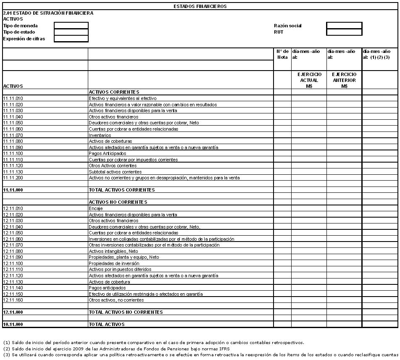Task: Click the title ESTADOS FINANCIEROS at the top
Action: point(200,6)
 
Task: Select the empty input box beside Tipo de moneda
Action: point(71,26)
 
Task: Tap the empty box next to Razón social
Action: point(344,26)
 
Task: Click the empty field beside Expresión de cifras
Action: point(71,39)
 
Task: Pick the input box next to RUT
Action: point(344,32)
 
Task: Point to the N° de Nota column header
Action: point(282,54)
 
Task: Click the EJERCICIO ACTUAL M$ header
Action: point(309,80)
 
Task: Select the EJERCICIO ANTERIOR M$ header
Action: point(344,80)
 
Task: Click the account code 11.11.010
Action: point(13,98)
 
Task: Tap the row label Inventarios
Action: point(100,135)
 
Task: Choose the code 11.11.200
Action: point(13,178)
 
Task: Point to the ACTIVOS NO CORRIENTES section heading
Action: point(118,202)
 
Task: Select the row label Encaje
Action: point(95,208)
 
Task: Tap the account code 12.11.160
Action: point(13,300)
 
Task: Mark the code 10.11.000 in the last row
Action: point(13,324)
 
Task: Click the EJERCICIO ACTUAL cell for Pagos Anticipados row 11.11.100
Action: point(309,153)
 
